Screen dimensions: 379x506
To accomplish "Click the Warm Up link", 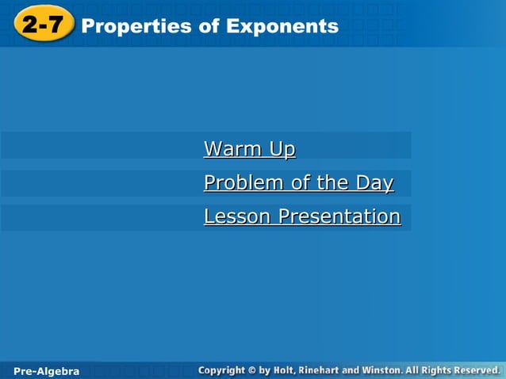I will tap(249, 149).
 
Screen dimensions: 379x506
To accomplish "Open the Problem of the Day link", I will tap(298, 183).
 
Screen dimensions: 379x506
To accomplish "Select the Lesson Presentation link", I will tap(301, 216).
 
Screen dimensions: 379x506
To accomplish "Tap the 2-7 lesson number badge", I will tap(43, 25).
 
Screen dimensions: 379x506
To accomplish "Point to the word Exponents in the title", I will tap(282, 27).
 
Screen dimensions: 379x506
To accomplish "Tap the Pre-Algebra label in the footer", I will tap(47, 371).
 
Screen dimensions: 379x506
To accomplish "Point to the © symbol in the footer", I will tap(264, 370).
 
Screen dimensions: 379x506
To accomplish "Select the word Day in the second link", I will tap(374, 183).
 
